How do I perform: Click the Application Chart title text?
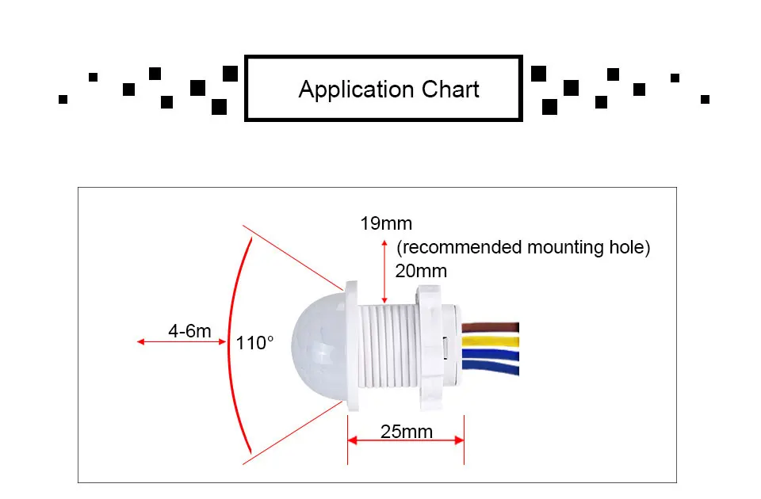click(388, 90)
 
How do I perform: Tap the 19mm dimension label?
click(386, 223)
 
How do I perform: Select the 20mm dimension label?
click(421, 271)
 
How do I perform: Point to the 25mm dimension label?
click(407, 432)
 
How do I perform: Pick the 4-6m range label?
click(189, 330)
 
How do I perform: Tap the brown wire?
click(491, 326)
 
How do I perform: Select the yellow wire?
click(491, 341)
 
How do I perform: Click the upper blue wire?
click(491, 353)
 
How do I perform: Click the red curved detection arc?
click(231, 344)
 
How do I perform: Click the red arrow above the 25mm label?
click(405, 440)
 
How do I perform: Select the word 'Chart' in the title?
click(450, 90)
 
